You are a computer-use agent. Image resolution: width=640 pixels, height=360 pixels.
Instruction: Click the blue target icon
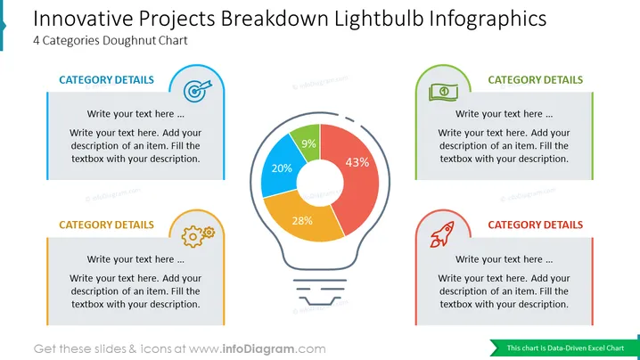pyautogui.click(x=198, y=90)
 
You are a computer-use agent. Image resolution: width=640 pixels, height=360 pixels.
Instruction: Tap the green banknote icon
pyautogui.click(x=443, y=93)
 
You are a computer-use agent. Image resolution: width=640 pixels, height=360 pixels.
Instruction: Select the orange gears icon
pyautogui.click(x=198, y=236)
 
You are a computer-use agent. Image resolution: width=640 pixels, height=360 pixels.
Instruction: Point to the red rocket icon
pyautogui.click(x=442, y=234)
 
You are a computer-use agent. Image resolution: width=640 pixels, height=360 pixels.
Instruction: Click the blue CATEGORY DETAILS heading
pyautogui.click(x=107, y=79)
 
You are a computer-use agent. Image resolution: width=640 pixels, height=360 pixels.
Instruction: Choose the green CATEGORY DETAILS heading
pyautogui.click(x=536, y=79)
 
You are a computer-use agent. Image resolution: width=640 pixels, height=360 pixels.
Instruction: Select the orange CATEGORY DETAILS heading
pyautogui.click(x=107, y=225)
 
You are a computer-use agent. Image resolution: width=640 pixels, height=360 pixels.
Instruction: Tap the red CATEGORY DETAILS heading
pyautogui.click(x=536, y=225)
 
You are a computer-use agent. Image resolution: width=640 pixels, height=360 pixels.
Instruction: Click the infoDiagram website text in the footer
pyautogui.click(x=257, y=349)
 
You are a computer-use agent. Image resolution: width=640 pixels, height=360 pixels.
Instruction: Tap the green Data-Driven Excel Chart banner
pyautogui.click(x=565, y=348)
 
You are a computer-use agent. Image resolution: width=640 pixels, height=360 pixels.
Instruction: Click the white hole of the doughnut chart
pyautogui.click(x=320, y=183)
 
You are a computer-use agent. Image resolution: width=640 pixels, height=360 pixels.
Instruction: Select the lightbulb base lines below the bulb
pyautogui.click(x=320, y=292)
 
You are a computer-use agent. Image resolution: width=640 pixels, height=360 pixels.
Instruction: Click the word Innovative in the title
pyautogui.click(x=83, y=19)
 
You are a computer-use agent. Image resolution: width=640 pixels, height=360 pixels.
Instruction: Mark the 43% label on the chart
pyautogui.click(x=357, y=162)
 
